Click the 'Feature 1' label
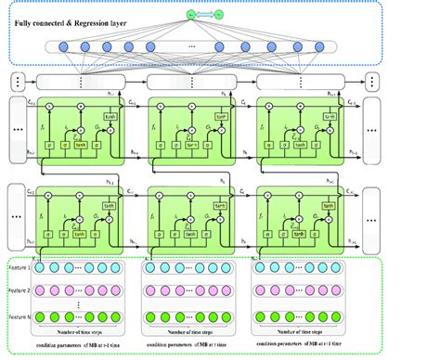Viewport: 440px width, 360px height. click(x=20, y=267)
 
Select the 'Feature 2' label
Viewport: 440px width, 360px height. click(x=20, y=290)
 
